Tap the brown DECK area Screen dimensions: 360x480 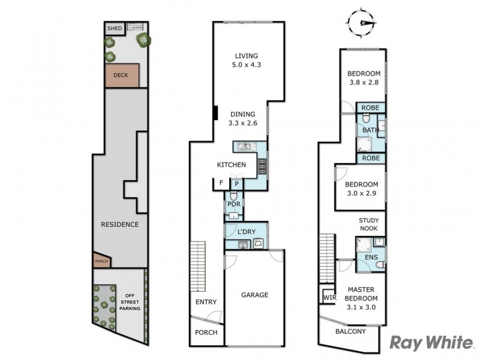(x=122, y=76)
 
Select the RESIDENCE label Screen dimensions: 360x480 (x=119, y=224)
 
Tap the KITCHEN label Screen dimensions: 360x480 (x=231, y=165)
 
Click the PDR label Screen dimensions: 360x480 (x=233, y=204)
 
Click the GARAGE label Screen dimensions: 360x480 (x=254, y=295)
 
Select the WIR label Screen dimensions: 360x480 (x=328, y=296)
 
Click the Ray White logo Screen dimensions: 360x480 (x=431, y=343)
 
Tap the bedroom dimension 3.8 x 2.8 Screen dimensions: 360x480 (x=364, y=83)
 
